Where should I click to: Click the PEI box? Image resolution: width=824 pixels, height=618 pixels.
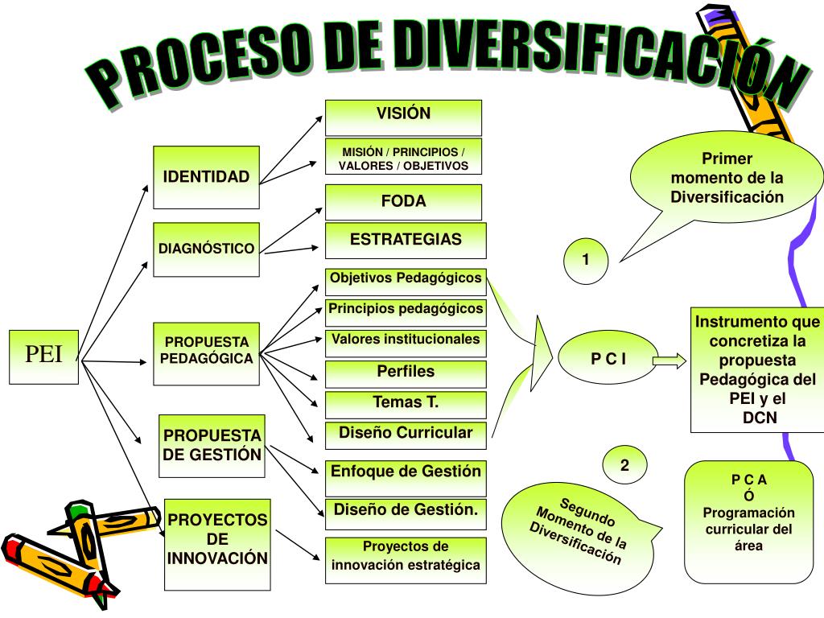[x=43, y=356]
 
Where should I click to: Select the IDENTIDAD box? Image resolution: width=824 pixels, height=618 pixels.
[x=207, y=176]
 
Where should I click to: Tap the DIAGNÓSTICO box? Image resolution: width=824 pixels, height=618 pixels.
[x=207, y=249]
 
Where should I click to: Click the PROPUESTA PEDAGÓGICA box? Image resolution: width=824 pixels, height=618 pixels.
[x=207, y=352]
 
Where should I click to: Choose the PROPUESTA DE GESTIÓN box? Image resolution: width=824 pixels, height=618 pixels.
[x=212, y=444]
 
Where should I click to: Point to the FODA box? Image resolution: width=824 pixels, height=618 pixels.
[x=403, y=202]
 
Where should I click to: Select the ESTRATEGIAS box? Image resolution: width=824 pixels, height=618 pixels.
[x=406, y=240]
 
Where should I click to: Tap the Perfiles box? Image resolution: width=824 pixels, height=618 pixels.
[x=406, y=373]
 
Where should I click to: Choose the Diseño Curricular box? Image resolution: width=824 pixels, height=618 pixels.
[x=406, y=434]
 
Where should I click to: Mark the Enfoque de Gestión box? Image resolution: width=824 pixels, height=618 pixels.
[x=406, y=472]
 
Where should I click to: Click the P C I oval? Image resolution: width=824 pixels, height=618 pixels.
[x=608, y=360]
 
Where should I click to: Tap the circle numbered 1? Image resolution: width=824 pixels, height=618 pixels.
[x=586, y=261]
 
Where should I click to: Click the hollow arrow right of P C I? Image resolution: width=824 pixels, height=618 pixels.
[x=669, y=360]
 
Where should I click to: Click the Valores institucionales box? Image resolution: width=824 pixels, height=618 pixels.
[x=406, y=340]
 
